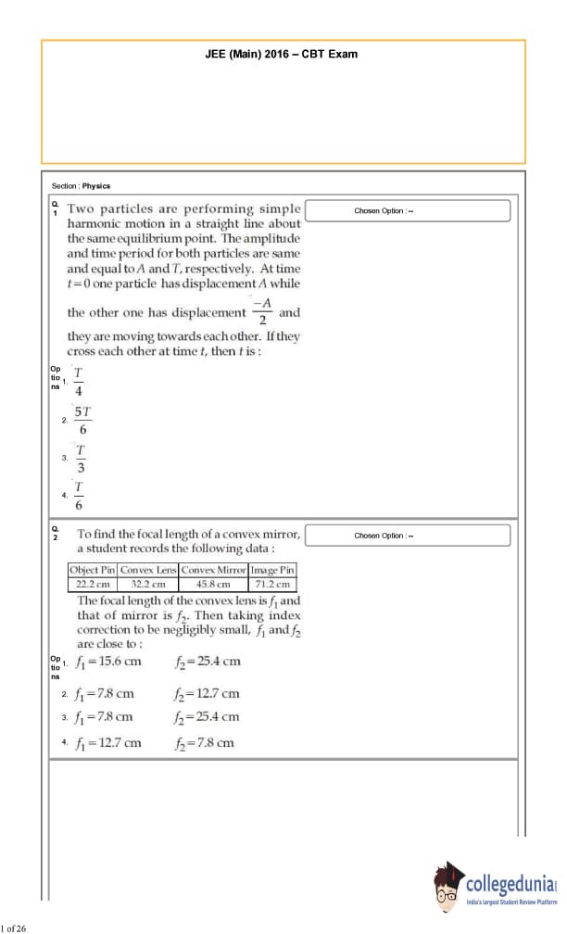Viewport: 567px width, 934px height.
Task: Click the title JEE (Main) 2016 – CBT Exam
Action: pyautogui.click(x=281, y=54)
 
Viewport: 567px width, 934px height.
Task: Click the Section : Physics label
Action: pyautogui.click(x=81, y=186)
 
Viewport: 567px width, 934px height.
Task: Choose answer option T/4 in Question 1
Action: pyautogui.click(x=79, y=381)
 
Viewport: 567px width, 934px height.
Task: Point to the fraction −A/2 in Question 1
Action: pyautogui.click(x=262, y=312)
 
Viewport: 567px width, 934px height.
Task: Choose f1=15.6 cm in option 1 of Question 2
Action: pyautogui.click(x=109, y=661)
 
